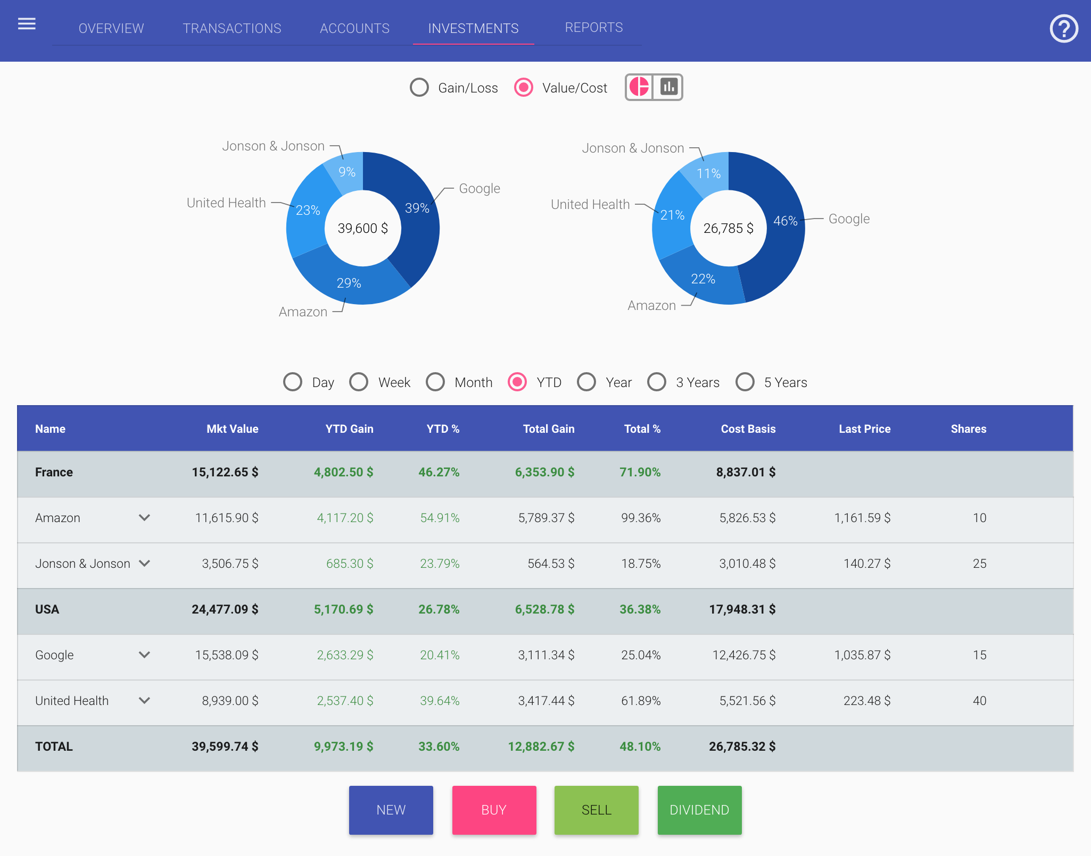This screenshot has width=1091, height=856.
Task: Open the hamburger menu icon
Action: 27,24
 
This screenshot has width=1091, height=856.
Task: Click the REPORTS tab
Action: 593,28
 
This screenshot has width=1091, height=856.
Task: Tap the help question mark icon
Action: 1063,29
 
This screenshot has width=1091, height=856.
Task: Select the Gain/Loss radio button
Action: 419,88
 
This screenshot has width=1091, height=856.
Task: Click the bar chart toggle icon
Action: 668,87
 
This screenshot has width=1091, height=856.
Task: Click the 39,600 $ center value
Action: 362,229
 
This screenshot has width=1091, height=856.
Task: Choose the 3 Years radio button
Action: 657,382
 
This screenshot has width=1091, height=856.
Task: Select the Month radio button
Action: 435,382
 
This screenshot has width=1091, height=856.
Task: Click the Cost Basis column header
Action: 748,429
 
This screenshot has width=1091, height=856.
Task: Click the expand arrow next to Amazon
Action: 144,518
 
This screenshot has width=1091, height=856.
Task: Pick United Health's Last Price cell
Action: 866,701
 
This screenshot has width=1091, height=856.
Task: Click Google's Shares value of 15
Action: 979,655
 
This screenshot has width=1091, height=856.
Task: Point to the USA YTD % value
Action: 439,609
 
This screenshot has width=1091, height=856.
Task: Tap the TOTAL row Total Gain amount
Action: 541,746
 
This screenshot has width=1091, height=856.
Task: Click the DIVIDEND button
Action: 699,810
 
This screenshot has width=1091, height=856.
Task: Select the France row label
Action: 54,472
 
